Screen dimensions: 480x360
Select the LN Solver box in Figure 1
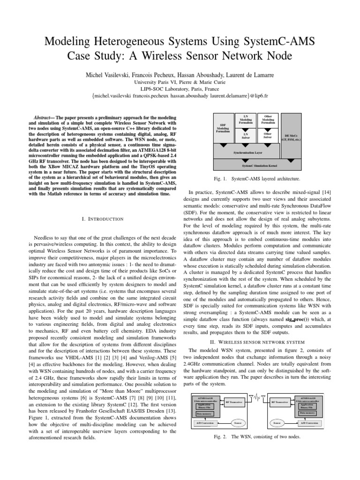click(246, 135)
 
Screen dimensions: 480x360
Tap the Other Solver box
click(268, 135)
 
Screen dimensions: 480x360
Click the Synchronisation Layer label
click(247, 152)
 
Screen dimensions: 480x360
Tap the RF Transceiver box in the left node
click(235, 402)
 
